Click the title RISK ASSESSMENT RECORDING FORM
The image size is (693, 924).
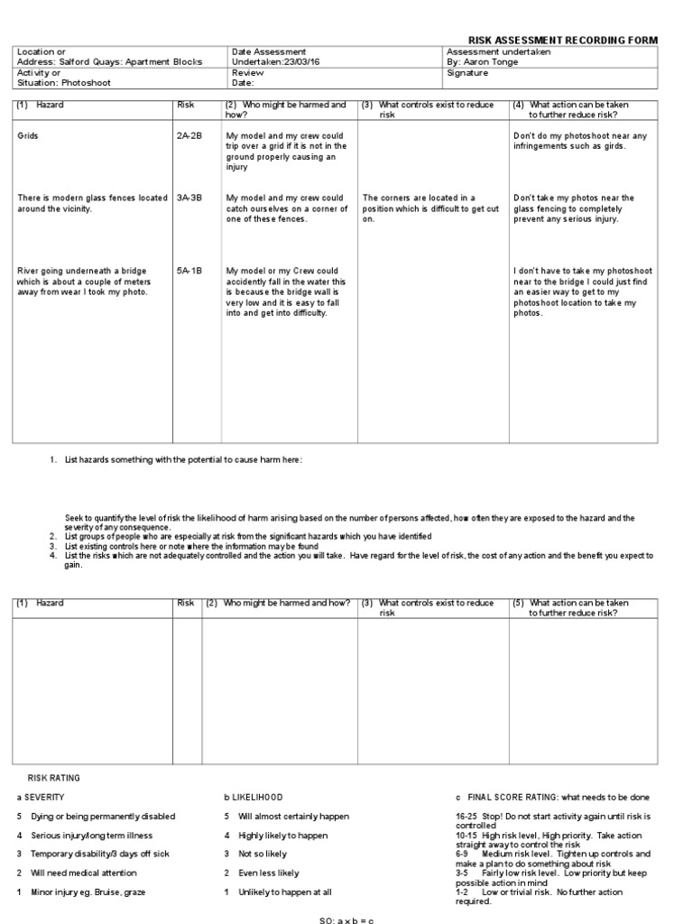(562, 41)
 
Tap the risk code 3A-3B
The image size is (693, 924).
(189, 198)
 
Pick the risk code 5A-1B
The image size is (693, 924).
(189, 270)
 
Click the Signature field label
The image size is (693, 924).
(467, 73)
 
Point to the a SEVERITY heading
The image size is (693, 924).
(41, 798)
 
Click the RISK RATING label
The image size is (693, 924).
(53, 777)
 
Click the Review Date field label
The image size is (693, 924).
(247, 78)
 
